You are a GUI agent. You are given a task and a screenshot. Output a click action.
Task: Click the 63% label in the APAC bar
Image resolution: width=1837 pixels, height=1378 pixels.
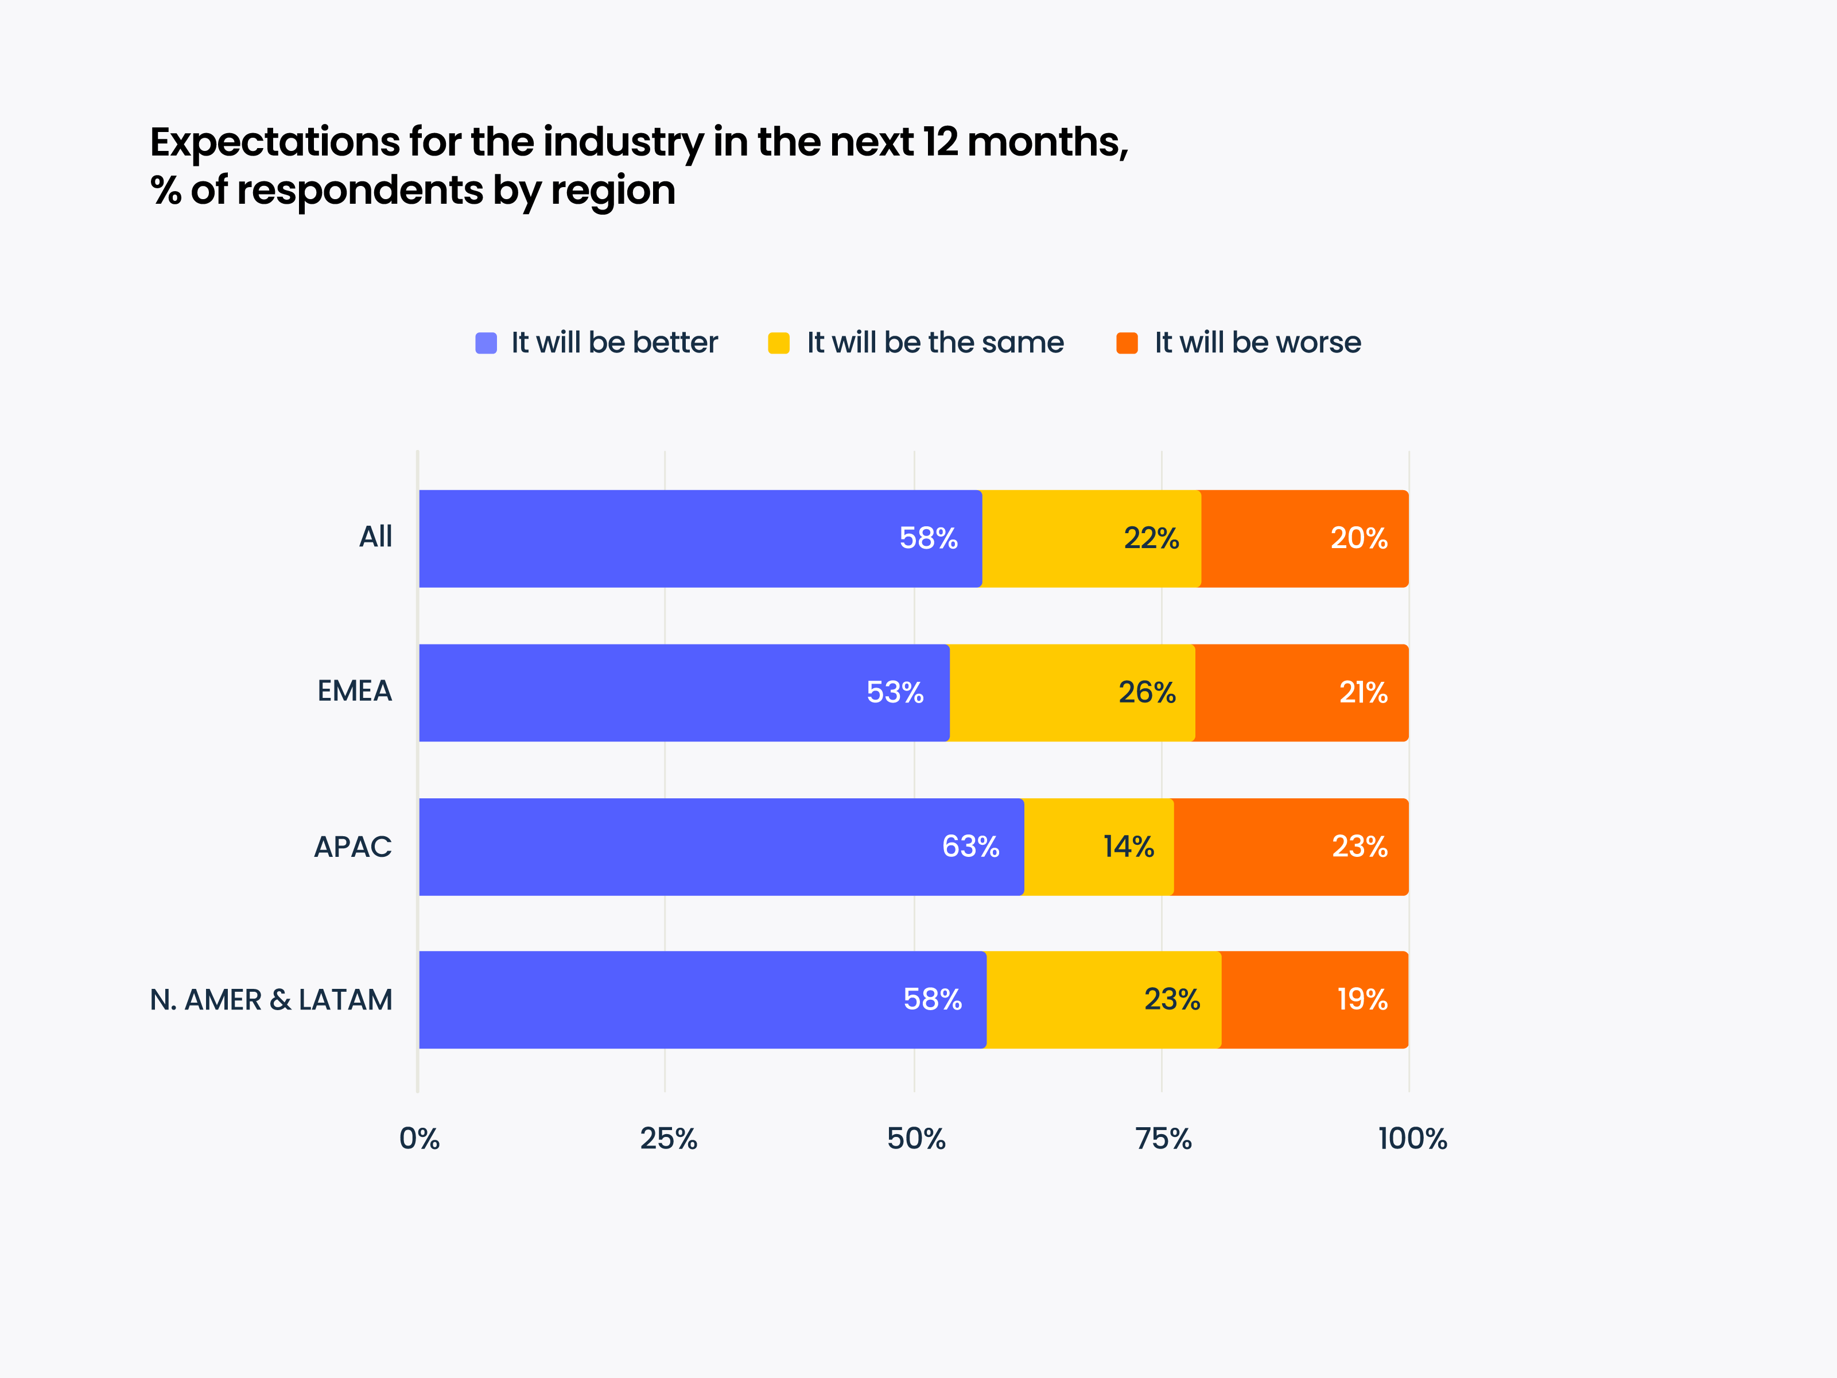970,847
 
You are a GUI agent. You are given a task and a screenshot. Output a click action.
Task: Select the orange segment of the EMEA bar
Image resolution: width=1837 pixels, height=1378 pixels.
1302,693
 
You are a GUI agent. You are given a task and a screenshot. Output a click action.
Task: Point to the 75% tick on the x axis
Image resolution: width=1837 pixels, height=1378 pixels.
1163,1138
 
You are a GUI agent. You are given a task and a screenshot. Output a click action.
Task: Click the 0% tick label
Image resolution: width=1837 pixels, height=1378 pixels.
420,1138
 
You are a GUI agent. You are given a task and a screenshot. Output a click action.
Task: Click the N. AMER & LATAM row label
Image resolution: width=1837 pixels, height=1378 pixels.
271,1000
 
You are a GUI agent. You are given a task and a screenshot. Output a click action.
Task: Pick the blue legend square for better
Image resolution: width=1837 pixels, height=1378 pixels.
486,343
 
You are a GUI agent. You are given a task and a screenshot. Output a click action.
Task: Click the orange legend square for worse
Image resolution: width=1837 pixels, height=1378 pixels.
1127,343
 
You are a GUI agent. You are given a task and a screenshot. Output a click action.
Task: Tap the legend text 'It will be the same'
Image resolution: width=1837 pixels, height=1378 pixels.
934,342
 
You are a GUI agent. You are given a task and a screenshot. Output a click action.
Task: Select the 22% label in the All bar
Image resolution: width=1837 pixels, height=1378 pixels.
1151,538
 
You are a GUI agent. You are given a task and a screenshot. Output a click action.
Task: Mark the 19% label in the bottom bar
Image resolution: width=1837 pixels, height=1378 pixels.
1362,999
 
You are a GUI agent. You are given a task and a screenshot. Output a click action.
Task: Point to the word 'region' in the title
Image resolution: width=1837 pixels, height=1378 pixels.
613,191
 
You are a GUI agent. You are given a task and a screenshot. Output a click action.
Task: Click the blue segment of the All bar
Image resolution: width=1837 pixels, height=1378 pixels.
700,538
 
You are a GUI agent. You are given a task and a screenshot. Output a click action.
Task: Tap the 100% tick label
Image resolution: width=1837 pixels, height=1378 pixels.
1412,1138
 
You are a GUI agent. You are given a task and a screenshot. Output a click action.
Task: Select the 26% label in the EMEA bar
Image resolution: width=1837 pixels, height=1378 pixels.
1147,693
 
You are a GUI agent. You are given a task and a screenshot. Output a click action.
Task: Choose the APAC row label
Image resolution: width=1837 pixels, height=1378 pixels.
352,847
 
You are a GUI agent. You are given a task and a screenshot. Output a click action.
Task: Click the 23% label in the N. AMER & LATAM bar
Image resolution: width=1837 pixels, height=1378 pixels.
1172,999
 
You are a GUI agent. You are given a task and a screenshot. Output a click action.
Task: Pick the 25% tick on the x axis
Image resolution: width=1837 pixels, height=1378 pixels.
667,1138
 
